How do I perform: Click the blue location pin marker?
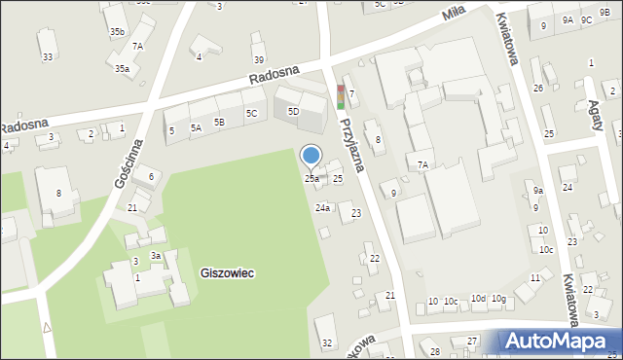click(311, 155)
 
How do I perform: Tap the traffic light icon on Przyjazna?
click(341, 96)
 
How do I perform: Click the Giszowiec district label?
click(228, 273)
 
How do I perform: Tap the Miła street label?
click(453, 12)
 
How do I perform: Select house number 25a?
click(311, 178)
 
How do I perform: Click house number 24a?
click(322, 207)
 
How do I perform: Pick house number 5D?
click(293, 111)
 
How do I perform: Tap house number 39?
click(258, 60)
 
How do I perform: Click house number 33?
click(48, 57)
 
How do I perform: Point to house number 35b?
click(117, 32)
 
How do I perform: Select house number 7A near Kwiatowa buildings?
click(423, 165)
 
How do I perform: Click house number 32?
click(327, 342)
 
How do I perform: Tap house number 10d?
click(477, 299)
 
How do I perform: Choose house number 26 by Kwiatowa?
click(537, 89)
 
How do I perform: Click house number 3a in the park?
click(155, 256)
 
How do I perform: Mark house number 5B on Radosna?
click(220, 122)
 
